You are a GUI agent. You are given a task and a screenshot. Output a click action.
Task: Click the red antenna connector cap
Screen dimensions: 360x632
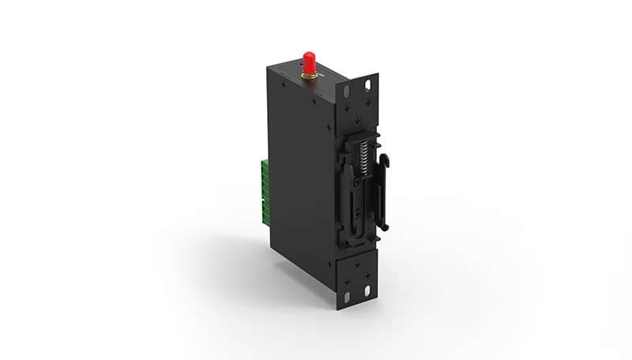[309, 61]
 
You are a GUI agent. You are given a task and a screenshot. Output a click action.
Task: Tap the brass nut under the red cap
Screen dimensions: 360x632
[309, 75]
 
